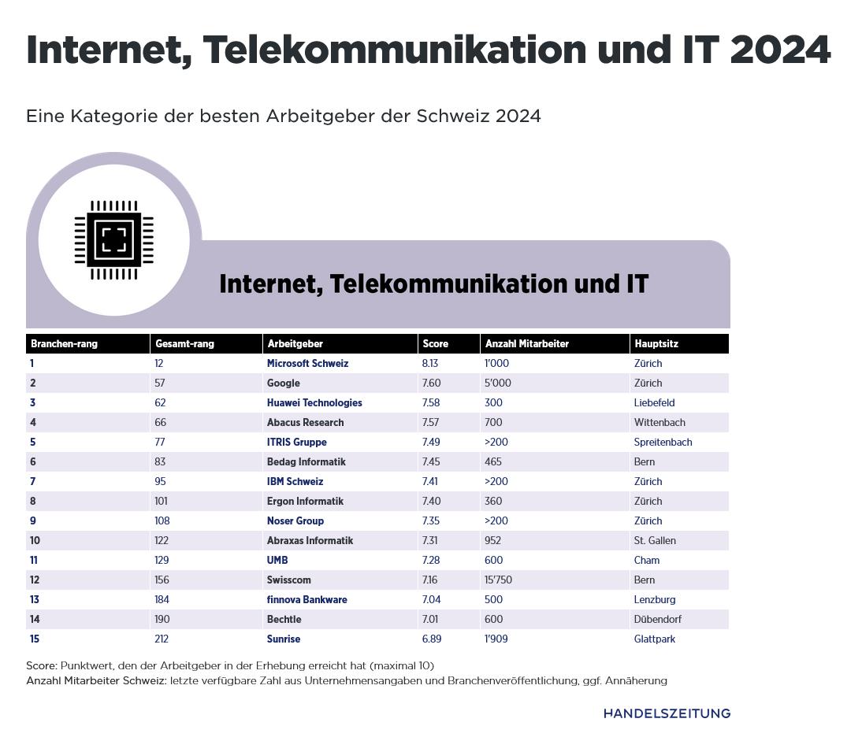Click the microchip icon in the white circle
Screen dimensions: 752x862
[x=114, y=239]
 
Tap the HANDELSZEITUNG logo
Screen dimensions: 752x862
[x=667, y=713]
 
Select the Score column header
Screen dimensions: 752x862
[x=436, y=344]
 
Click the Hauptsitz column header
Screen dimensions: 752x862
[x=656, y=344]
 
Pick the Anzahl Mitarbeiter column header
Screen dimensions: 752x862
[x=526, y=344]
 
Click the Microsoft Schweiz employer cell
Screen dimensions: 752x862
[x=307, y=364]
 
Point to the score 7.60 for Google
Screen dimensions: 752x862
[x=431, y=383]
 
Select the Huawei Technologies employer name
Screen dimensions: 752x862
[x=314, y=403]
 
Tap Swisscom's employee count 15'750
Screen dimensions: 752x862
[x=499, y=580]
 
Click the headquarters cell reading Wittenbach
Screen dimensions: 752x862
[x=660, y=423]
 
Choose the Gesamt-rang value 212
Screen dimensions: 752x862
[x=162, y=639]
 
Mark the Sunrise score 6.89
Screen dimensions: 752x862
[x=432, y=639]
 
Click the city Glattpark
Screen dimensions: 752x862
[x=655, y=639]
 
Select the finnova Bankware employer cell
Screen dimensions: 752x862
[x=307, y=600]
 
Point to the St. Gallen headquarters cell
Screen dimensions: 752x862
[x=655, y=541]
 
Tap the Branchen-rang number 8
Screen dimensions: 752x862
[x=32, y=502]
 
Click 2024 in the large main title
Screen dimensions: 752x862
[x=780, y=50]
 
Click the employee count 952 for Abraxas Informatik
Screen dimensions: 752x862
[x=493, y=541]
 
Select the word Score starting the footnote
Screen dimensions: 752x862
[x=41, y=665]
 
